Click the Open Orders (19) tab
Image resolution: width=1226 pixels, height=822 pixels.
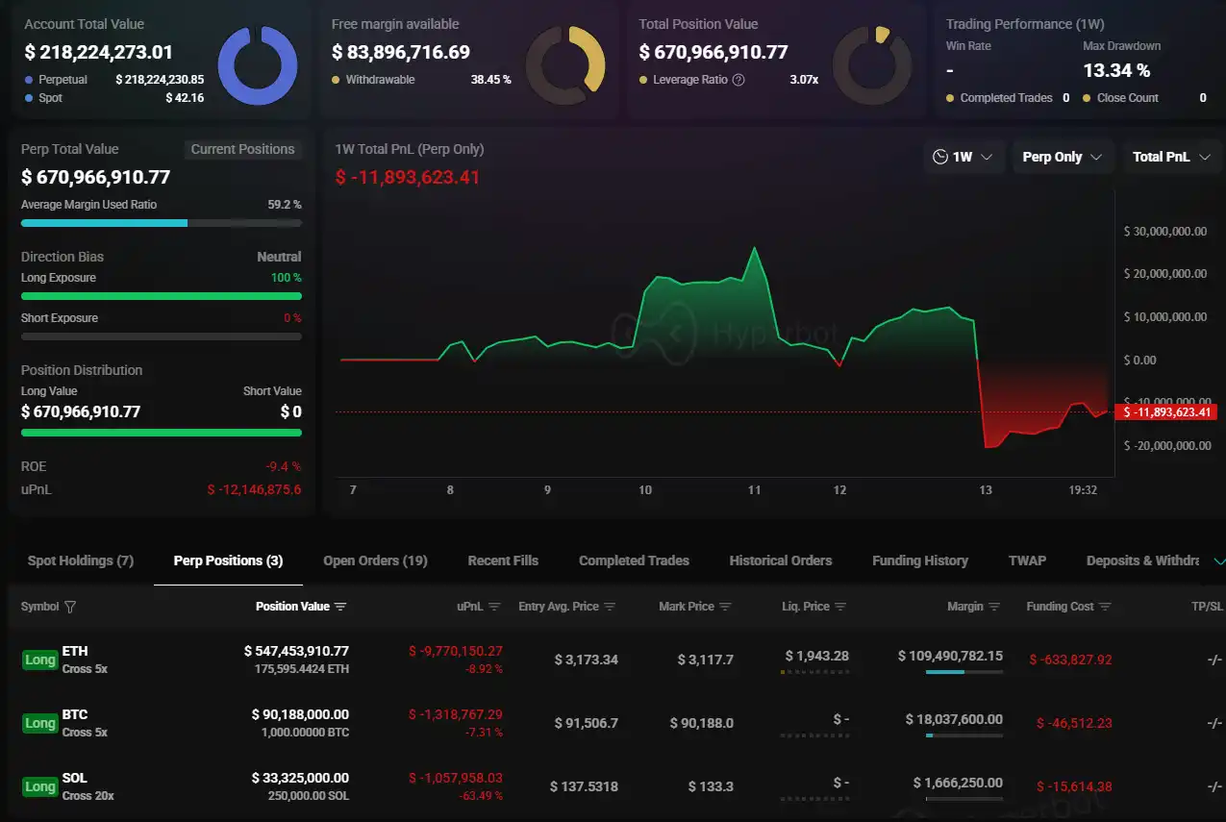(375, 560)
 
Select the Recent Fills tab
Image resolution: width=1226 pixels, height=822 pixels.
(503, 560)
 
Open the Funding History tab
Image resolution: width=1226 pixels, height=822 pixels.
(919, 560)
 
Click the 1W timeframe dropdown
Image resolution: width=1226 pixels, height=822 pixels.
(963, 157)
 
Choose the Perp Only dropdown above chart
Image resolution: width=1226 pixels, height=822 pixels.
(1063, 157)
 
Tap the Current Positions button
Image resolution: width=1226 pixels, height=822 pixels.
(242, 149)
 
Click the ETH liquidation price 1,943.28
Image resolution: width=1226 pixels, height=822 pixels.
(816, 656)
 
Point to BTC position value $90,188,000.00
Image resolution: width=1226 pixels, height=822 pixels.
(300, 714)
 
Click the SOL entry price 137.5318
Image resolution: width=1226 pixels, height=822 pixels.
(584, 786)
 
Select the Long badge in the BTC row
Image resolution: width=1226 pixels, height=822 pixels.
(39, 723)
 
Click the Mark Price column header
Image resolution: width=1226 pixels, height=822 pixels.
(687, 607)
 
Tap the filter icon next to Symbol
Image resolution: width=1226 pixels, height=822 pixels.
(69, 607)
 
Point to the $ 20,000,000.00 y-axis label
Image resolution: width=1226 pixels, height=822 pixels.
(1164, 274)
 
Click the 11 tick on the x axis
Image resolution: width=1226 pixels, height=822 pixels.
(754, 490)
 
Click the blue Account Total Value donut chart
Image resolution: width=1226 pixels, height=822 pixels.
(258, 65)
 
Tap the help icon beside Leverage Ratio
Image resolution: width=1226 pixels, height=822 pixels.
(738, 80)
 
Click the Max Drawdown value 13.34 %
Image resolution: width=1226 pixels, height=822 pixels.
(1115, 70)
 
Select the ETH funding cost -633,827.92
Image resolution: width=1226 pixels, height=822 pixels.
(1069, 660)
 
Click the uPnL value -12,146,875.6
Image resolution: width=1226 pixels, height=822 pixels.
(254, 489)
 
